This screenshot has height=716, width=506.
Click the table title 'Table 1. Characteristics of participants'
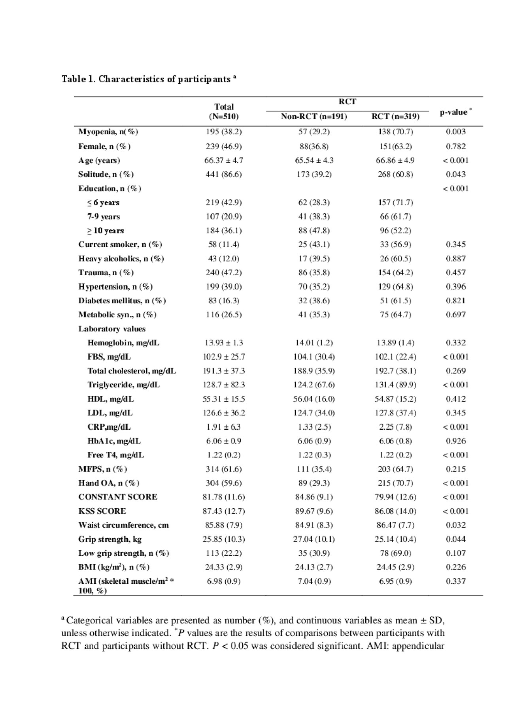point(149,79)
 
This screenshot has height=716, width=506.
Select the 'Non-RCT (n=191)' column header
point(314,117)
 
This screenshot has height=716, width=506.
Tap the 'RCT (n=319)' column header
point(395,117)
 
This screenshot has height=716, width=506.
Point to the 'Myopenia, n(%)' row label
point(108,132)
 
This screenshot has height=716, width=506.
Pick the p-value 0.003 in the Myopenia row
point(456,132)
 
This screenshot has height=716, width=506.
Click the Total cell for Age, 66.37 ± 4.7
point(224,160)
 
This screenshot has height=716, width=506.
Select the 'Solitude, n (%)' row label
point(106,175)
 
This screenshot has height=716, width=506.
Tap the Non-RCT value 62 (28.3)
point(314,203)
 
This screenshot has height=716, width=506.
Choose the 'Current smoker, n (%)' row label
point(120,244)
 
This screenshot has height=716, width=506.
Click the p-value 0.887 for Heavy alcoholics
point(456,259)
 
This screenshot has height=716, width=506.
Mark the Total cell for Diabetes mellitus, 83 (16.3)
point(224,301)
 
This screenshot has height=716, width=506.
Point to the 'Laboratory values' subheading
point(112,329)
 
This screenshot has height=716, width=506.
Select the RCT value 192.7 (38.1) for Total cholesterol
point(395,371)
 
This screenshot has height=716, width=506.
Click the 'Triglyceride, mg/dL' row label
point(124,385)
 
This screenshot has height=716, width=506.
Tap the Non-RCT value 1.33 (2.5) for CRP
point(314,427)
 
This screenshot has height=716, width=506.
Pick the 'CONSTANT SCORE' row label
point(118,497)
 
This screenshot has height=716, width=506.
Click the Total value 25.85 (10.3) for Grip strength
point(224,539)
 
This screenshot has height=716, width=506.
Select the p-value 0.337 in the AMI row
point(456,581)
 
